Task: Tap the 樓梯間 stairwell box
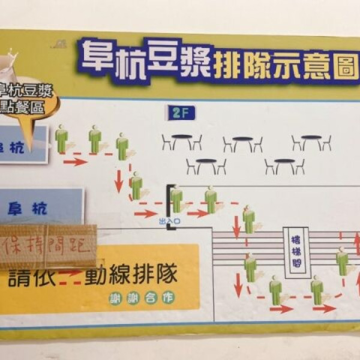296,251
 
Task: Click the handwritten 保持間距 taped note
48,246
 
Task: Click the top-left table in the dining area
181,142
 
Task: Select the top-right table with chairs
311,142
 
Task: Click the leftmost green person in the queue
61,139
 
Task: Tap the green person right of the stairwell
342,262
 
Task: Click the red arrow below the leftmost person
75,161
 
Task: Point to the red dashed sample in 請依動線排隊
71,276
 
